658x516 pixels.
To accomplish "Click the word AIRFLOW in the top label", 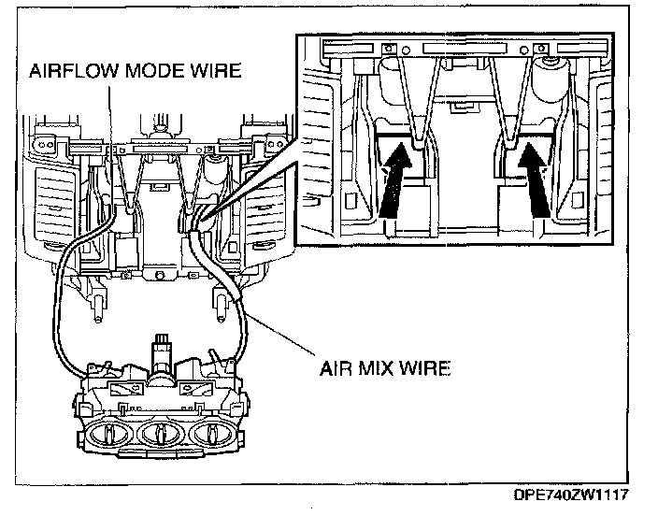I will click(x=70, y=70).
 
